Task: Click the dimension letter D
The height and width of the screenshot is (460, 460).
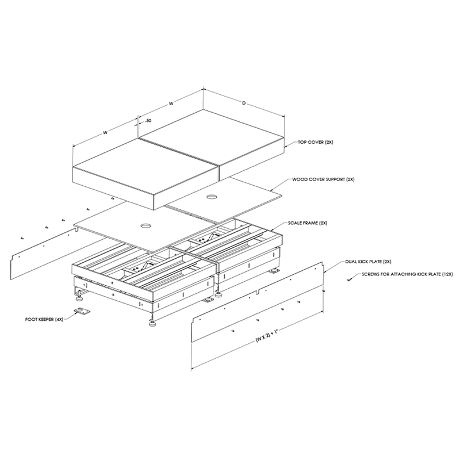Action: point(244,104)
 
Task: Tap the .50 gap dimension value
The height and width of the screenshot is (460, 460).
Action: point(148,121)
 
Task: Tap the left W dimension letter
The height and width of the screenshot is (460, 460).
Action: point(106,132)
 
